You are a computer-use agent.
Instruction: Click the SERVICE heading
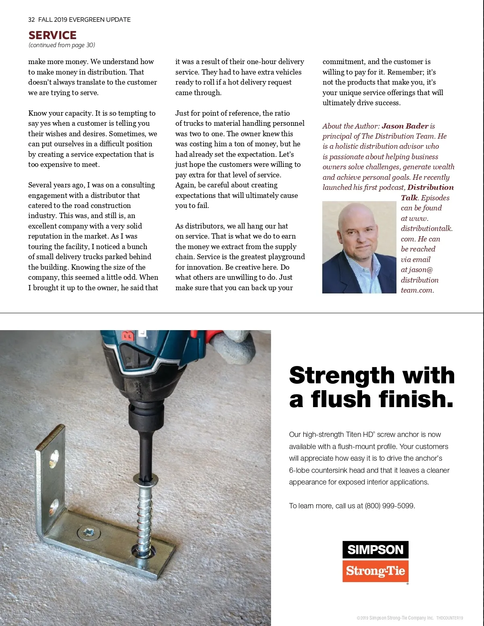tap(52, 35)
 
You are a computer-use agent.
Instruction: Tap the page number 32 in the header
tap(31, 20)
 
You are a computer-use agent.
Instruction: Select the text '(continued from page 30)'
tap(62, 45)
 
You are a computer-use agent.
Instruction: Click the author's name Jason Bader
tap(405, 126)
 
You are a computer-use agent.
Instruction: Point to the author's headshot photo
tap(359, 247)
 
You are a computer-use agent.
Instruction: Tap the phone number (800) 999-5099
tap(389, 506)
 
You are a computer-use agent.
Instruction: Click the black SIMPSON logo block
tap(375, 550)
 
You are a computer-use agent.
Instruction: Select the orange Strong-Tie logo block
tap(375, 571)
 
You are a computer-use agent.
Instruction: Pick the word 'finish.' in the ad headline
tap(416, 399)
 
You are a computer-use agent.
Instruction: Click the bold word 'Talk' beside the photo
tap(409, 198)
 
